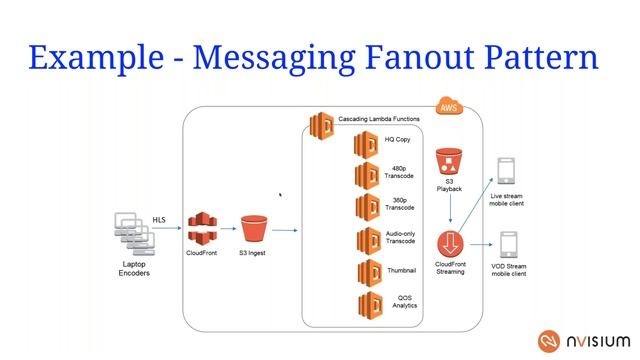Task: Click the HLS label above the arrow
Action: click(160, 218)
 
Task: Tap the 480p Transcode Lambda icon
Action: click(366, 176)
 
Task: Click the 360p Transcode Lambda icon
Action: click(366, 207)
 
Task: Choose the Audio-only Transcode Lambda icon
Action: click(366, 240)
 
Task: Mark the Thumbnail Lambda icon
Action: click(366, 271)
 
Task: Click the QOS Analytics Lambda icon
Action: click(366, 302)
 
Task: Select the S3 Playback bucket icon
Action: click(448, 163)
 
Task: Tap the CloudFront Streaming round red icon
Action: click(452, 243)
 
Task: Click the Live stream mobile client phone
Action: click(507, 170)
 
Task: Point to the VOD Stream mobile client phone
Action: click(508, 245)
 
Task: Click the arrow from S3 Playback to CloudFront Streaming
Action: click(451, 211)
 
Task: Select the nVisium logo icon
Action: click(549, 338)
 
